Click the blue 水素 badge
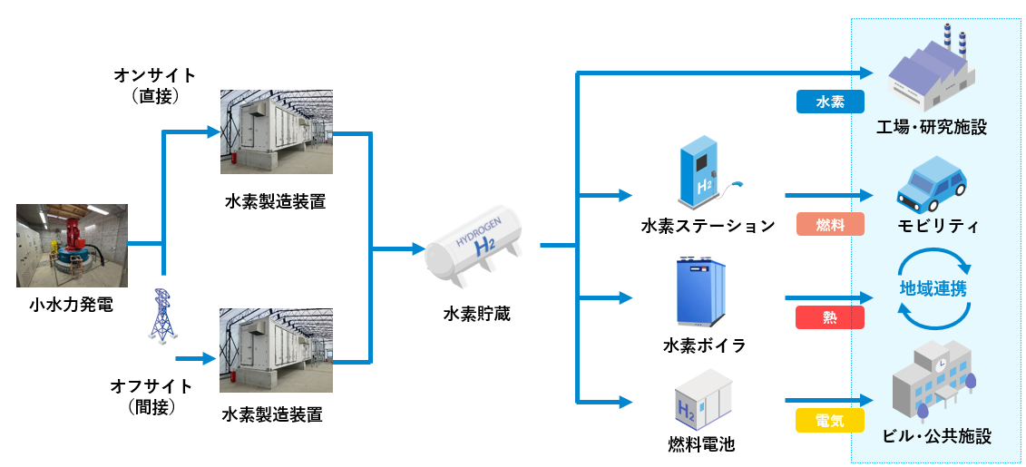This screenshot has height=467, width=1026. (x=830, y=102)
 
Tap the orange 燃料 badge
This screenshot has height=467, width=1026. (x=830, y=225)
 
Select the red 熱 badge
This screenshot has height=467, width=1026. (x=830, y=317)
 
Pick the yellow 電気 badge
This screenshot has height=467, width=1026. (x=830, y=421)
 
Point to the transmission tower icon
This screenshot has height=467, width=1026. (x=162, y=316)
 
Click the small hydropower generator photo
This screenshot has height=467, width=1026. (x=71, y=246)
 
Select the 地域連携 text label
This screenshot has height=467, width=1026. (x=933, y=289)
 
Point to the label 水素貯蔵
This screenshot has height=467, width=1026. (x=476, y=314)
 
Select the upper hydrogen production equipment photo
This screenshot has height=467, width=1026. (x=276, y=132)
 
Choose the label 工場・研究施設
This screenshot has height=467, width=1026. (x=932, y=127)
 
